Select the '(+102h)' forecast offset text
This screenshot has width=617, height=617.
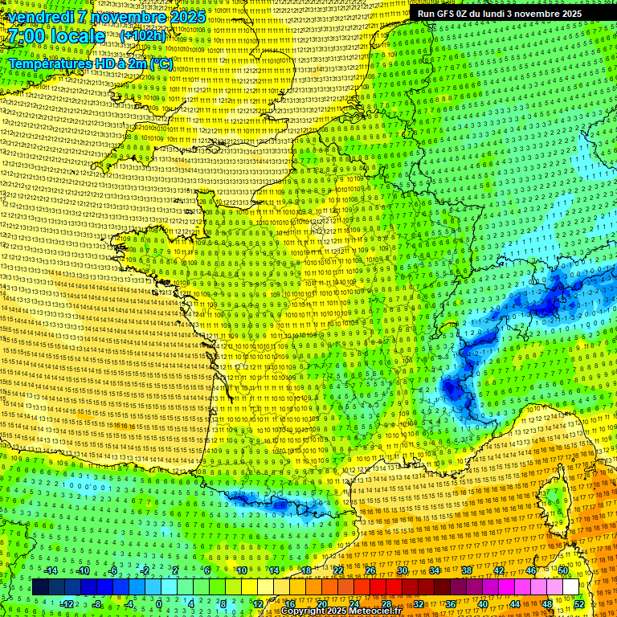143,36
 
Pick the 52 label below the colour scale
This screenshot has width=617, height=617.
579,604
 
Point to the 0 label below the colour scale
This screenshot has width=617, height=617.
159,604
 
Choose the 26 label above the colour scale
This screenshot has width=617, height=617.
370,570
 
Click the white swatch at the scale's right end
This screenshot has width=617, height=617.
570,587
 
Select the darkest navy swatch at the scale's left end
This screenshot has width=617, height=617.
40,587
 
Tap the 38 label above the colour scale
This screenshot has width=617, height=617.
466,570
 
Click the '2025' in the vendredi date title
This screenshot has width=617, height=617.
186,17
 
